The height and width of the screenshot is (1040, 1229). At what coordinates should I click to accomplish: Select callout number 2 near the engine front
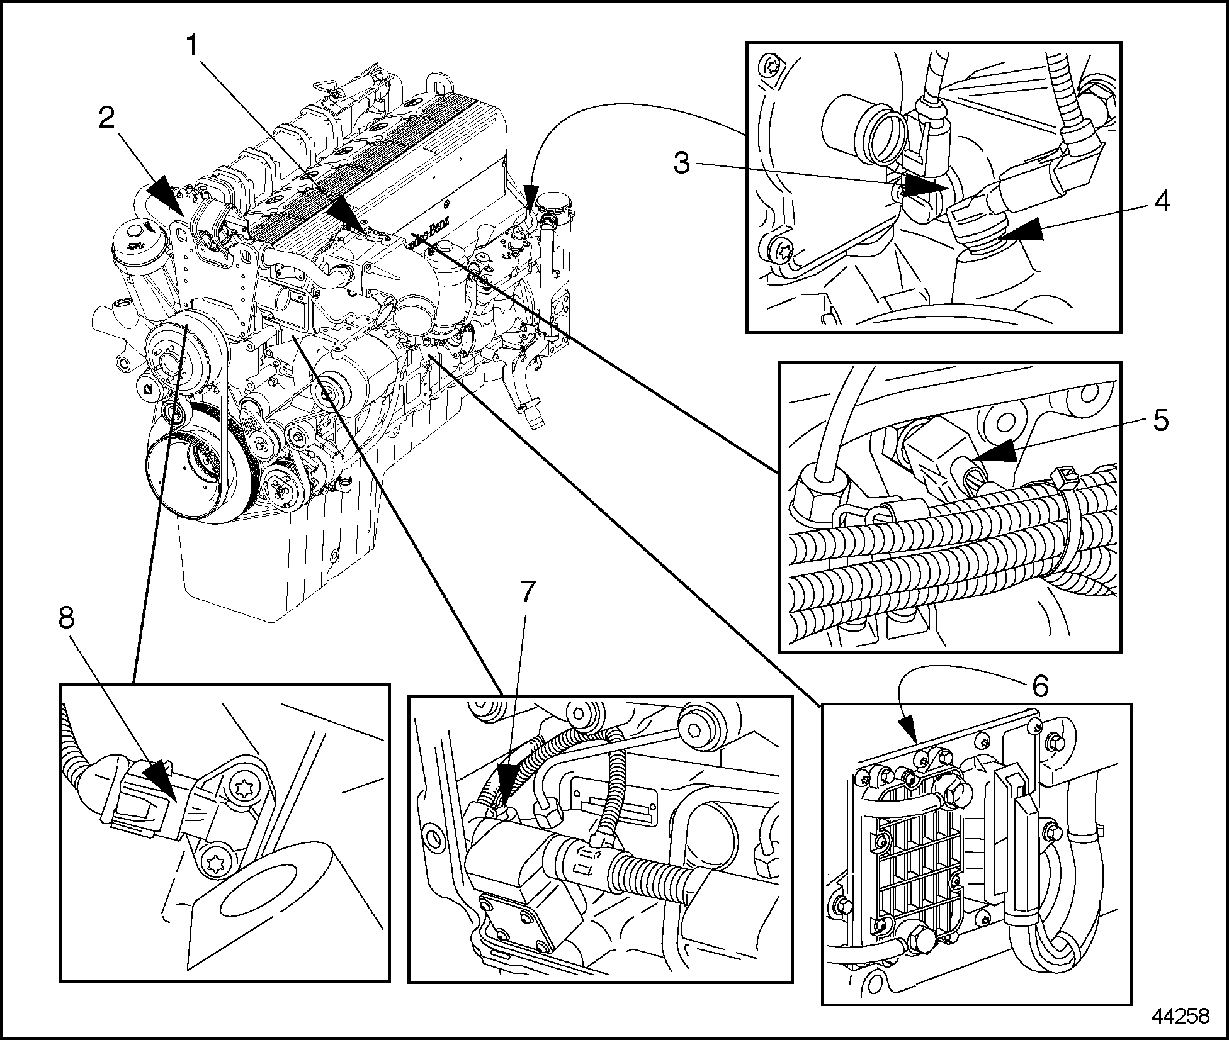pos(107,118)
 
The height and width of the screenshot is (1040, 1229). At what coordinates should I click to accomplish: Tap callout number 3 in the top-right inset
pos(682,163)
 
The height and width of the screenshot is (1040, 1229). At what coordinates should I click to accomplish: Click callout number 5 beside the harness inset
pos(1162,420)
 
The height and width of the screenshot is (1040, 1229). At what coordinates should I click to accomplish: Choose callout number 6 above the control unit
pos(1039,685)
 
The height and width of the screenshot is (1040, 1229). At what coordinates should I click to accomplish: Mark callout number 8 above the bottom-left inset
pos(67,618)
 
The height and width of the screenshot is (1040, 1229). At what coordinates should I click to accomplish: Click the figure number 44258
pos(1181,1017)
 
